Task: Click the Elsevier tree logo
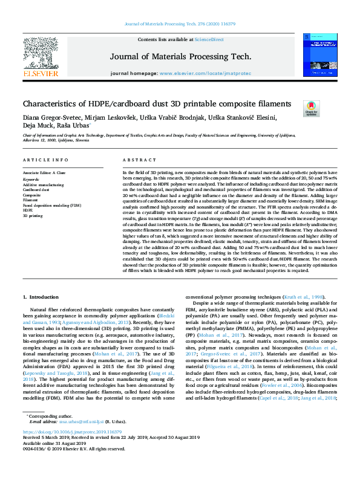pyautogui.click(x=41, y=52)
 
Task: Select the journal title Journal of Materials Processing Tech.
pyautogui.click(x=180, y=56)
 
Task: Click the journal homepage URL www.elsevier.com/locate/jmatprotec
pyautogui.click(x=204, y=73)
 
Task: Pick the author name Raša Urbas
pyautogui.click(x=73, y=127)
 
